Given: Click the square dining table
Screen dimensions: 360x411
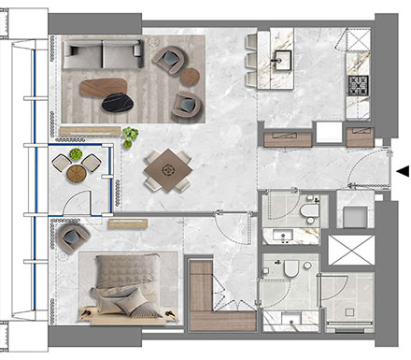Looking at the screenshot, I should (169, 169).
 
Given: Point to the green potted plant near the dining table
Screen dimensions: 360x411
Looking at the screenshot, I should (129, 138).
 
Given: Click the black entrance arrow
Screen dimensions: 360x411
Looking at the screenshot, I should (403, 170).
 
